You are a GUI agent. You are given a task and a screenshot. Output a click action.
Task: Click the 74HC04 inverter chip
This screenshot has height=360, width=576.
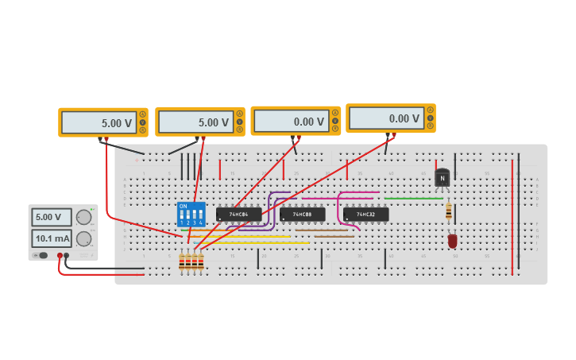point(238,215)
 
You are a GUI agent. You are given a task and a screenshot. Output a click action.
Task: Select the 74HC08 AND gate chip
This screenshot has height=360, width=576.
point(302,215)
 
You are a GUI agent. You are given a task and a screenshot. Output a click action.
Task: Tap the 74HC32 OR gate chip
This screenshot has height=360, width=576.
point(365,215)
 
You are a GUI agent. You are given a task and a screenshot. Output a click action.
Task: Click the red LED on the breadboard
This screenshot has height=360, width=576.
point(452,240)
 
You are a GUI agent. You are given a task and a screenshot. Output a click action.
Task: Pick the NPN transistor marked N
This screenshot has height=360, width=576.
point(442,178)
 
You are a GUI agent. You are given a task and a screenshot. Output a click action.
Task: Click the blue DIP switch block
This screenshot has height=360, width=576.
point(191,214)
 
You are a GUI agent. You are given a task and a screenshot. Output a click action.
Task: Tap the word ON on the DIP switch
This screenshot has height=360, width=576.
point(184,207)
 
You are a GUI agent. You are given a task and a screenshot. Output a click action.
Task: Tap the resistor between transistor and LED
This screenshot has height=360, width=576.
point(449,211)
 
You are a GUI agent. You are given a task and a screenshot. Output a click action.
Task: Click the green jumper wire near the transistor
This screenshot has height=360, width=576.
point(413,199)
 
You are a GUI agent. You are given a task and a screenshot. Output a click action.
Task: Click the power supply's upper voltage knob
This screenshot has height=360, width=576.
point(83,217)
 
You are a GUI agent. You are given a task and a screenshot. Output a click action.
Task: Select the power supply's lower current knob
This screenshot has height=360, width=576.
point(83,238)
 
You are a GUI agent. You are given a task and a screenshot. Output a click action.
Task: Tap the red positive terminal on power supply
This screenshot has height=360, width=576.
point(60,255)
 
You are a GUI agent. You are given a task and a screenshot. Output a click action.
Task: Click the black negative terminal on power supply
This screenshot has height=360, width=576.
point(67,255)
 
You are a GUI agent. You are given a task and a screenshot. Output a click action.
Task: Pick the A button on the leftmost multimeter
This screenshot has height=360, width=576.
point(142,114)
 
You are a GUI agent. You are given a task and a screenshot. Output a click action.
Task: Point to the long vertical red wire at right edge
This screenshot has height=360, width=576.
point(512,215)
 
